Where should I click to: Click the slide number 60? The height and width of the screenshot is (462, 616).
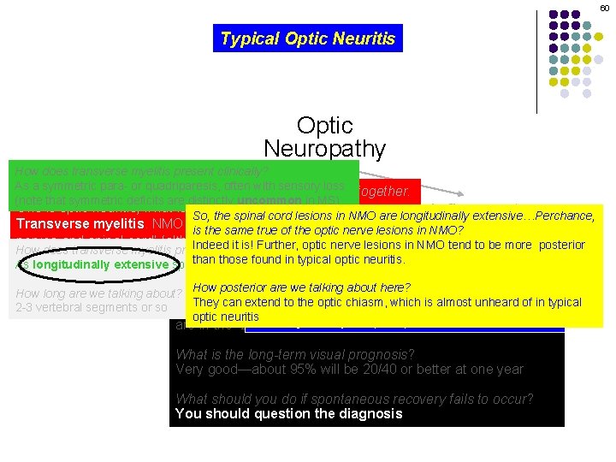(x=604, y=7)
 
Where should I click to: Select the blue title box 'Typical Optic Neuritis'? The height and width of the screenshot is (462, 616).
(x=308, y=38)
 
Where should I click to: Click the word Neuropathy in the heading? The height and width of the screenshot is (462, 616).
(x=324, y=149)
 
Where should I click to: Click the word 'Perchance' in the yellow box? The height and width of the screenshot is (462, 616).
(x=565, y=216)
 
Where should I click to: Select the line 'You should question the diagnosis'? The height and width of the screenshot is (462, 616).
(x=288, y=413)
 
